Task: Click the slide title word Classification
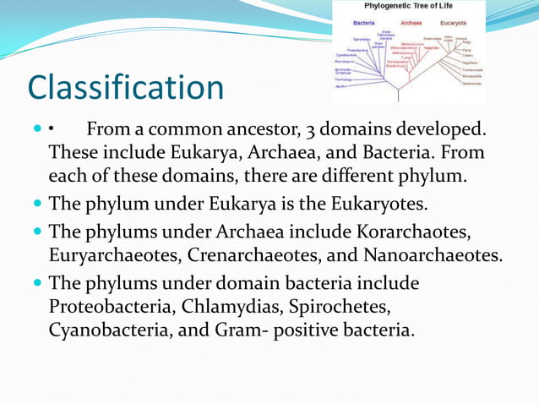click(126, 87)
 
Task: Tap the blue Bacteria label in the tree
click(364, 23)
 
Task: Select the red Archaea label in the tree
click(411, 23)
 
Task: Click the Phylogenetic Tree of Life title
click(408, 6)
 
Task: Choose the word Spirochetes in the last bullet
click(345, 305)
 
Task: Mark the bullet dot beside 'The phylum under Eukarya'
click(39, 204)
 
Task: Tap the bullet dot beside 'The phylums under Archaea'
click(39, 231)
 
